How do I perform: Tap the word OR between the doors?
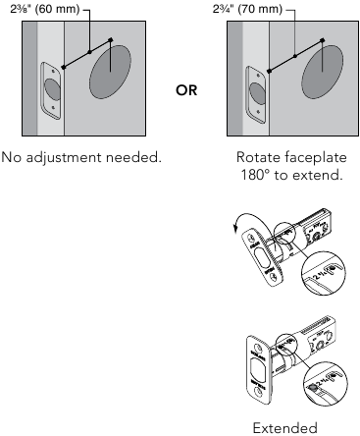186,90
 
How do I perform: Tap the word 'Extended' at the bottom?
283,427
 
